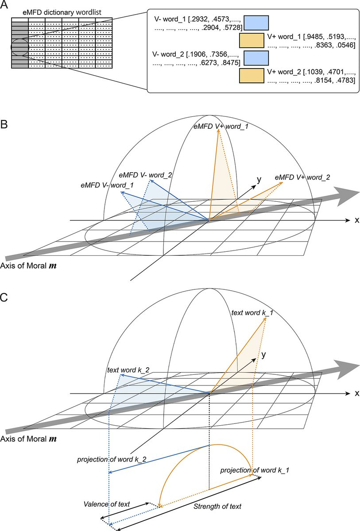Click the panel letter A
(4, 5)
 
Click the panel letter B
(4, 124)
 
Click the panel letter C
(4, 297)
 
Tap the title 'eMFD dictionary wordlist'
(62, 12)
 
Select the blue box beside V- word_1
(256, 23)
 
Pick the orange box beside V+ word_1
(252, 40)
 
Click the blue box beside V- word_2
(256, 58)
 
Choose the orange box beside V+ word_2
(252, 76)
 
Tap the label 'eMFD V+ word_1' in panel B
(221, 127)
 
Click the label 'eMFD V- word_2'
(145, 175)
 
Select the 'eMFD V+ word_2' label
(302, 177)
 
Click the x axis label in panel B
(357, 220)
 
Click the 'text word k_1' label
(252, 313)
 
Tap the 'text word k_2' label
(128, 370)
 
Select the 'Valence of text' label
(107, 504)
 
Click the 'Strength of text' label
(217, 507)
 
